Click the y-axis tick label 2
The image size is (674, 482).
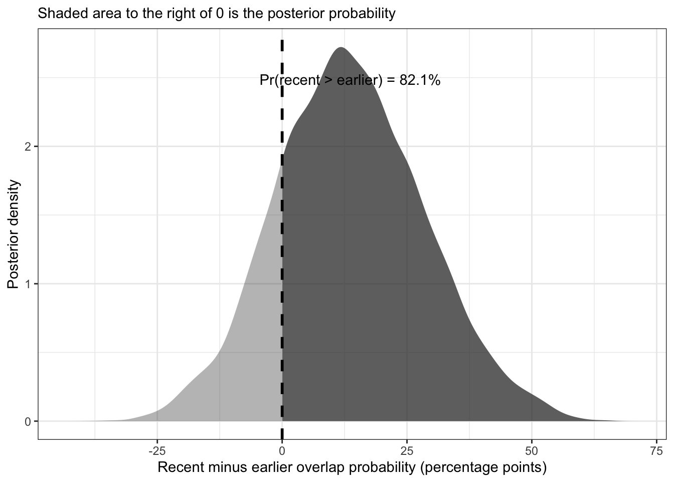[x=28, y=147]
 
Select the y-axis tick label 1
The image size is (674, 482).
[x=28, y=284]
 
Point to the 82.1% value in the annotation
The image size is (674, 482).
[x=420, y=80]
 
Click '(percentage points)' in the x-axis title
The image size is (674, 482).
[x=482, y=468]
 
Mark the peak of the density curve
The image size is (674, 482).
[x=341, y=48]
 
